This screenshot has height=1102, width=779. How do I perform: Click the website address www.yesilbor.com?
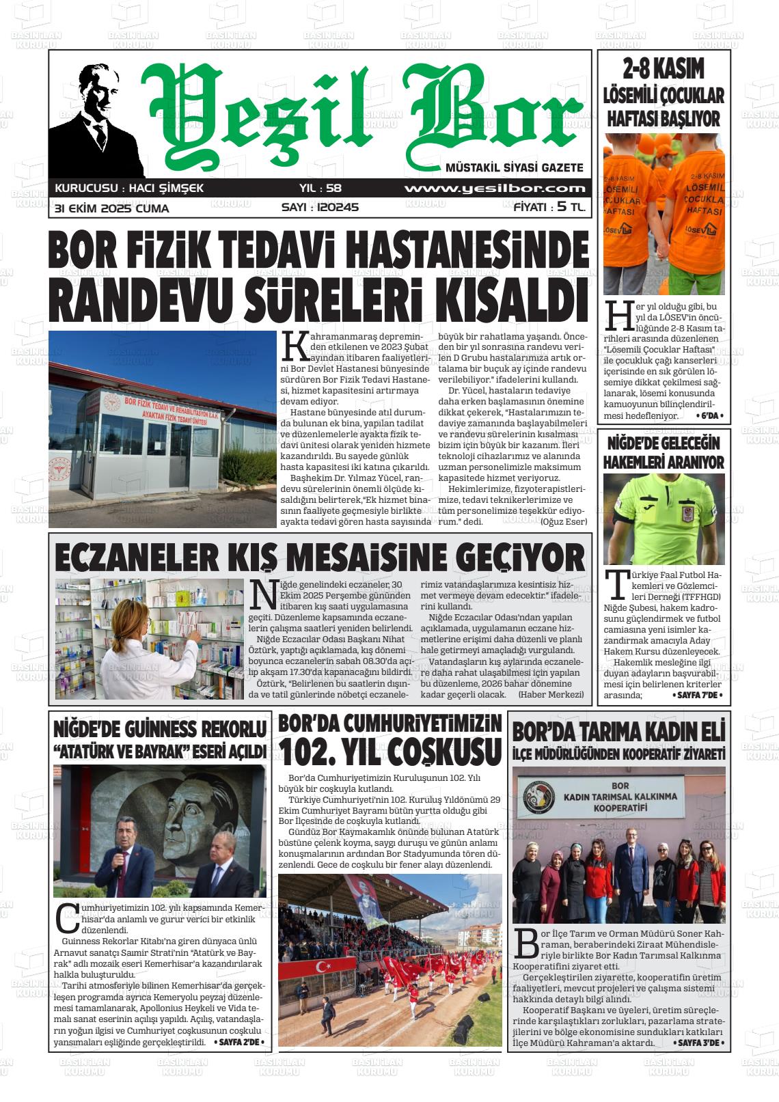(x=495, y=189)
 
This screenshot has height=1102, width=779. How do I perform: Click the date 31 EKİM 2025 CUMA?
(x=112, y=208)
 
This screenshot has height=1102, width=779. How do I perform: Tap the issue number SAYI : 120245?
(x=320, y=208)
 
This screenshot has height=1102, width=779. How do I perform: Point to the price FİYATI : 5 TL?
(x=549, y=208)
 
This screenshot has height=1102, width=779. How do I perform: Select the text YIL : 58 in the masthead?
(x=320, y=189)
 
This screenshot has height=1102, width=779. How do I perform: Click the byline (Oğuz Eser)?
(x=564, y=522)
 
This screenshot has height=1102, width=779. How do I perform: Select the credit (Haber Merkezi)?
(x=551, y=694)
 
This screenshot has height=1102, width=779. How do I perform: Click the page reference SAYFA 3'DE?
(x=698, y=1043)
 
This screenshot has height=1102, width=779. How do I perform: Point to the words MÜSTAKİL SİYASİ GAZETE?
(x=514, y=167)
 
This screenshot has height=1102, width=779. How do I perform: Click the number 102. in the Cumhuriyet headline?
(x=314, y=752)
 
